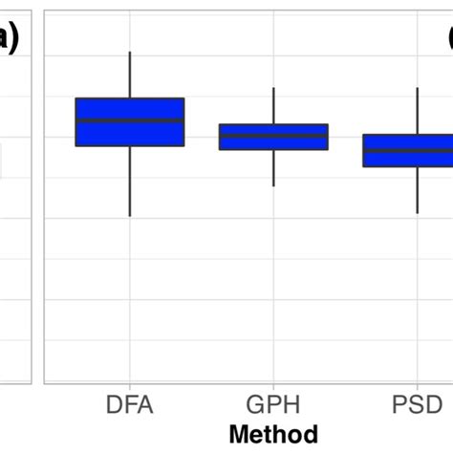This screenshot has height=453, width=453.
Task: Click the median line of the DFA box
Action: click(130, 120)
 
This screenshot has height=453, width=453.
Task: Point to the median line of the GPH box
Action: click(273, 136)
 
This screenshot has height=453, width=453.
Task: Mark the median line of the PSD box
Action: click(417, 151)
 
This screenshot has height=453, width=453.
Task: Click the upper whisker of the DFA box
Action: click(130, 75)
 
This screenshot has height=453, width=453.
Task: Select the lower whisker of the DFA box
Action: click(130, 182)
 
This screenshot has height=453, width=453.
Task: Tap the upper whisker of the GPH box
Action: click(274, 105)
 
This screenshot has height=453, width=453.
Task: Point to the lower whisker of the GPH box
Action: click(274, 168)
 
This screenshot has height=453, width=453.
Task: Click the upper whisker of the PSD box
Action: click(418, 110)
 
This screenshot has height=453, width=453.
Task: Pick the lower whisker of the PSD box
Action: click(418, 190)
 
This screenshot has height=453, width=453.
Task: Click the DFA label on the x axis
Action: click(130, 405)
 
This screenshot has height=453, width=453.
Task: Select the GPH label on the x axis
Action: click(274, 405)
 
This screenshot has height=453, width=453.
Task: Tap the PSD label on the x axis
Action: click(418, 405)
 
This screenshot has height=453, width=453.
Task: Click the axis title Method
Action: click(274, 433)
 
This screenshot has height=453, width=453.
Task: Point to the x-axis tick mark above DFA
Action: click(130, 386)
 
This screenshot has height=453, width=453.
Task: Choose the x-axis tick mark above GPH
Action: click(274, 386)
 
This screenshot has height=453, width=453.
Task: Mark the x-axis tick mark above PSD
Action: click(418, 386)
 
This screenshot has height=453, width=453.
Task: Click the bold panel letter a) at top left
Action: click(10, 38)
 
